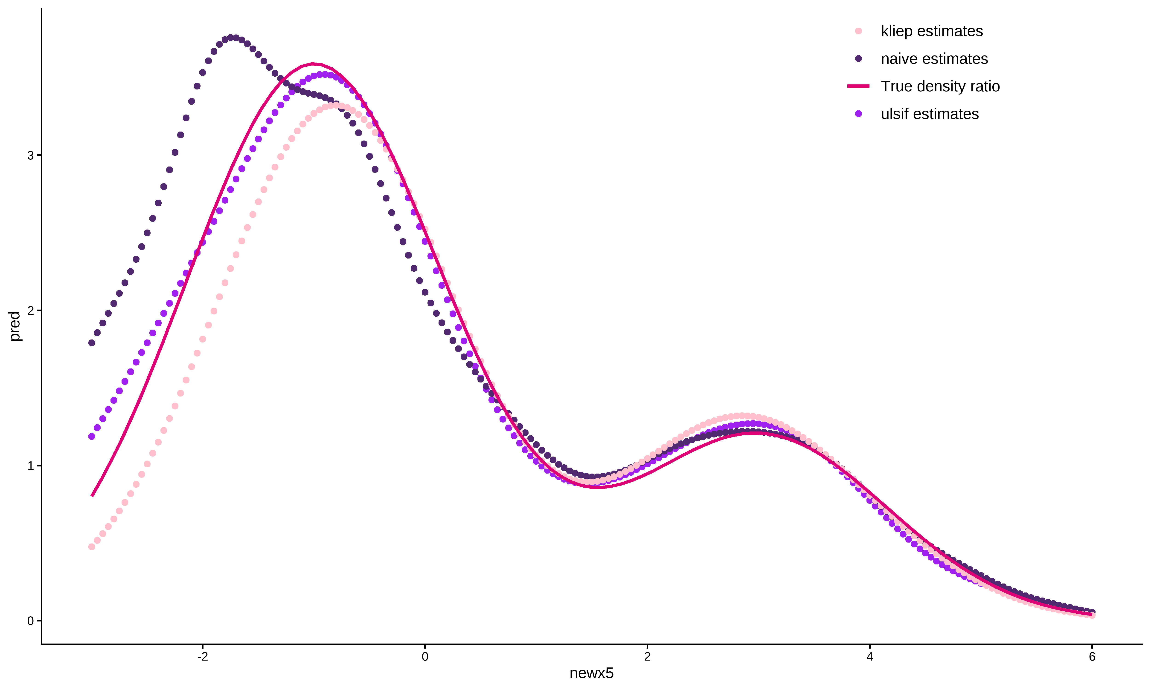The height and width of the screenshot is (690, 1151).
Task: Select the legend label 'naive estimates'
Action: [x=934, y=59]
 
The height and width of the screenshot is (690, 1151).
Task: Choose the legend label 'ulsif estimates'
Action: [x=930, y=114]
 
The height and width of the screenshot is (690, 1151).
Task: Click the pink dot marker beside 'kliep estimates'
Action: [x=858, y=31]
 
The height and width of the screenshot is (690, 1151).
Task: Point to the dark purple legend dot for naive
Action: [x=858, y=59]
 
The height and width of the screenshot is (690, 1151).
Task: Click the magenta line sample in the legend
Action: [x=858, y=86]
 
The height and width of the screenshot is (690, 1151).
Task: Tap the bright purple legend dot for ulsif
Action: [x=858, y=114]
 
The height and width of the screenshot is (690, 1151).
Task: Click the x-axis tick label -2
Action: [x=202, y=657]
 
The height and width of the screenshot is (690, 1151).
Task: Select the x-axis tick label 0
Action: [x=425, y=657]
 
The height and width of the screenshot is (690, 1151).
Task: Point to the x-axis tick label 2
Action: [x=647, y=657]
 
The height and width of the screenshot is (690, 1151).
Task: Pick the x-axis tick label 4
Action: [x=869, y=657]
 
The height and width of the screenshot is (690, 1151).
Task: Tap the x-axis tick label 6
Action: [x=1092, y=657]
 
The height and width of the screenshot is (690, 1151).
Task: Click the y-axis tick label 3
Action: [x=31, y=155]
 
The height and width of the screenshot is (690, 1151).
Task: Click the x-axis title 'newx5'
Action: [x=591, y=674]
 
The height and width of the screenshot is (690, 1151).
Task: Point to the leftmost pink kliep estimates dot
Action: [x=92, y=547]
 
